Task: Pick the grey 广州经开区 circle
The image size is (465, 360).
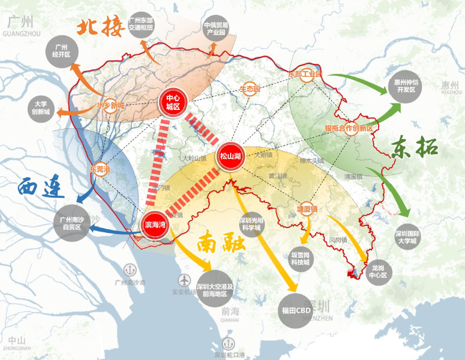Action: pos(62,50)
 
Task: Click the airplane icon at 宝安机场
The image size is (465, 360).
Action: pos(183,280)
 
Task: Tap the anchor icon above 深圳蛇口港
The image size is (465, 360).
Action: pos(228,343)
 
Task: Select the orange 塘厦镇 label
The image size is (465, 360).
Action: pos(308,209)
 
